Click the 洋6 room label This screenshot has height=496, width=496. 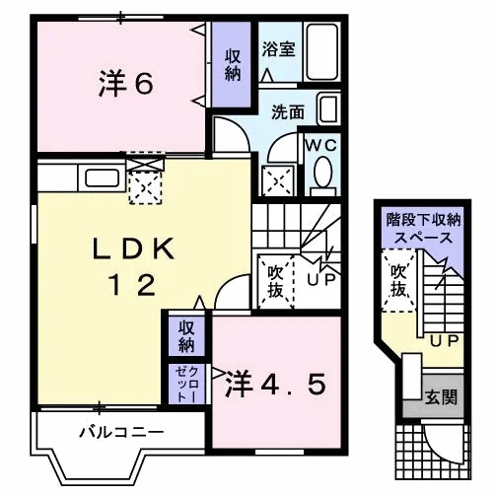[x=125, y=84]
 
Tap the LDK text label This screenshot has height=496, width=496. [x=133, y=248]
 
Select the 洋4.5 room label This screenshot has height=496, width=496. [x=275, y=385]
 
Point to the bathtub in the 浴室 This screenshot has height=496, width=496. [x=322, y=51]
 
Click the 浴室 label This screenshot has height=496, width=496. [x=279, y=49]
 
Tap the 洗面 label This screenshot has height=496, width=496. [x=288, y=112]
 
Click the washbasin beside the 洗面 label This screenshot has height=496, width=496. [x=328, y=109]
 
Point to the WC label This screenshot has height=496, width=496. [x=321, y=145]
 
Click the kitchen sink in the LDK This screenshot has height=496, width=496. [x=102, y=177]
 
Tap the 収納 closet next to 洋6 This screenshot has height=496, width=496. [x=232, y=64]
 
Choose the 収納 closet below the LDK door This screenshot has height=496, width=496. [x=186, y=335]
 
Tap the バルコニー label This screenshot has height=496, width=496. [x=121, y=432]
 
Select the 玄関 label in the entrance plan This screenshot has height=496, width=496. [x=441, y=397]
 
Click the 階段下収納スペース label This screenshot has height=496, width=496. [x=423, y=229]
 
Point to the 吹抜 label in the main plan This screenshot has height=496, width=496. [x=275, y=281]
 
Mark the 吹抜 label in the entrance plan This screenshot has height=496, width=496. [x=398, y=280]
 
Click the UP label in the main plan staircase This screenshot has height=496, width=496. [x=321, y=279]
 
